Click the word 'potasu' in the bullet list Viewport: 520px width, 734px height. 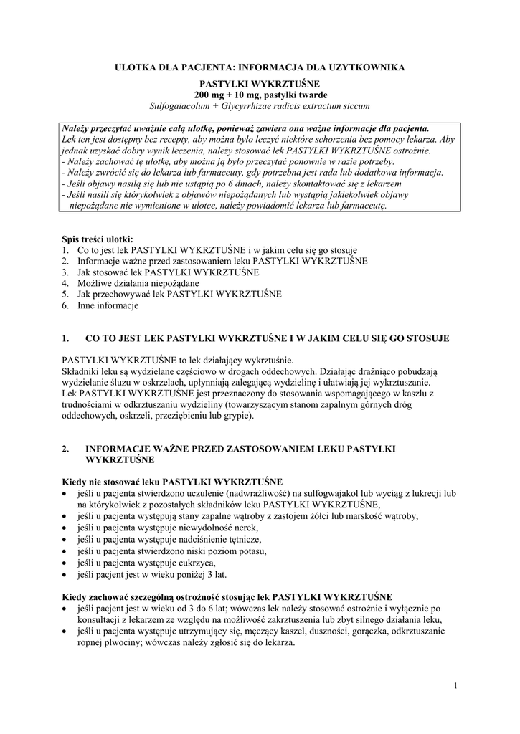[x=251, y=551]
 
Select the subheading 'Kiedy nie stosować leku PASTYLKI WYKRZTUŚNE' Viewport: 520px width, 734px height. [x=172, y=481]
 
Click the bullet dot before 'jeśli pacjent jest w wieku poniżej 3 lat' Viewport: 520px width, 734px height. [x=66, y=575]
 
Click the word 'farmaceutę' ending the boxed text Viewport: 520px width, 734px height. [x=364, y=205]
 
